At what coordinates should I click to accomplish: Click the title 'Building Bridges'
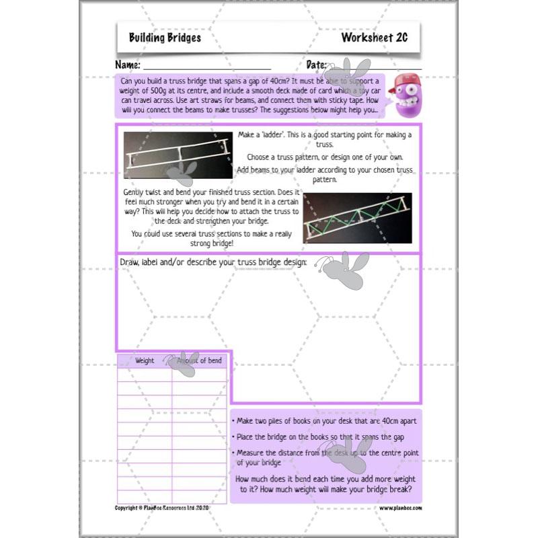coord(165,38)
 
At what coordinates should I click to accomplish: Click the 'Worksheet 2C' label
coord(374,38)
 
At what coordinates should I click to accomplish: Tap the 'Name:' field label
coord(128,65)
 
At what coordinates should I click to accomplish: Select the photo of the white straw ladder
coord(178,155)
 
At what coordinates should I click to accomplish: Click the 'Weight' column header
coord(145,360)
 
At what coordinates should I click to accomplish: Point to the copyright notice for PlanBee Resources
coord(163,508)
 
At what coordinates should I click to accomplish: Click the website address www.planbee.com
coord(400,508)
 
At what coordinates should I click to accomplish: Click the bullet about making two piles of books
coord(326,420)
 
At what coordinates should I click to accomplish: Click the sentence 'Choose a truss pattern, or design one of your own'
coord(325,157)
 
